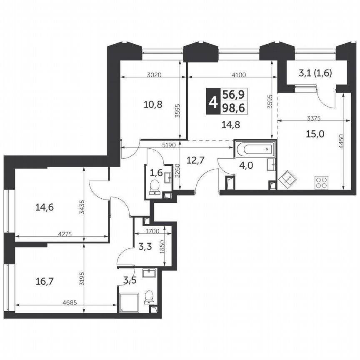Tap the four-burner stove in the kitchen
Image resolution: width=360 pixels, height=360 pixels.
click(321, 182)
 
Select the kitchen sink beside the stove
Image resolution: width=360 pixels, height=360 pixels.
click(288, 180)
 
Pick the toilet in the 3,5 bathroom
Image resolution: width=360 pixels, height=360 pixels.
click(149, 297)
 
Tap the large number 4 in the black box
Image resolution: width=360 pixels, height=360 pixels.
click(213, 100)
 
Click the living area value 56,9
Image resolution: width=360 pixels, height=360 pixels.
click(233, 93)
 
